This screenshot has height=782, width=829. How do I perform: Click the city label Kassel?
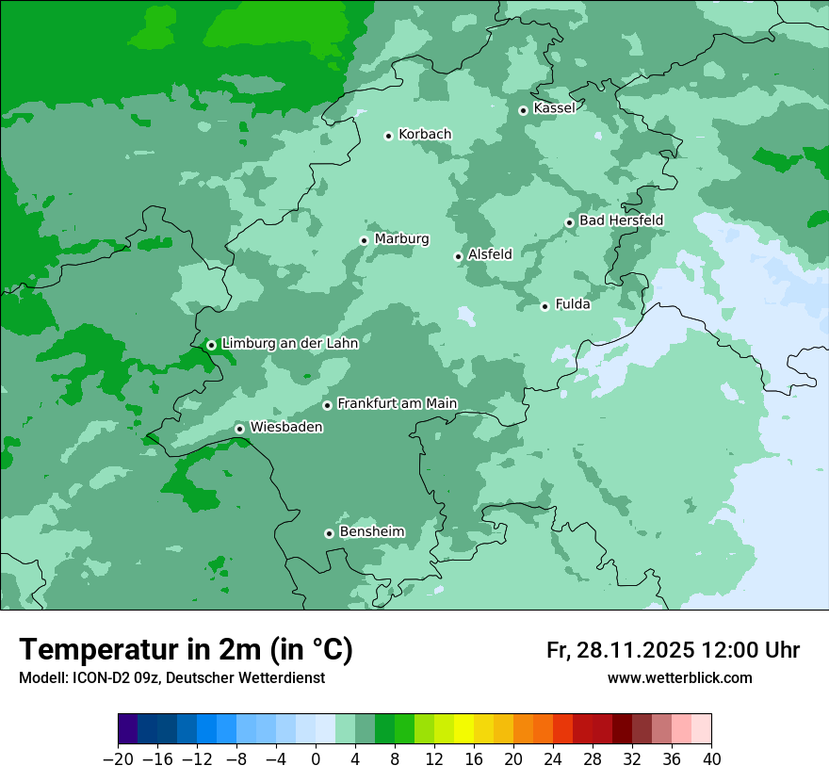point(554,108)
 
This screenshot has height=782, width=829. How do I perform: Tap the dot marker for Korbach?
point(388,136)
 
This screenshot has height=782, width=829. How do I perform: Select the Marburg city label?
point(401,239)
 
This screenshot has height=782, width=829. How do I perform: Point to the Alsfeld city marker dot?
point(458,256)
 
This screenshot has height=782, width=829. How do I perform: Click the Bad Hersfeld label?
point(621,220)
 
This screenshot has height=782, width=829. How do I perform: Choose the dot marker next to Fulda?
point(545,306)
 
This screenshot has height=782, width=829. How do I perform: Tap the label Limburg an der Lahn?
point(289,344)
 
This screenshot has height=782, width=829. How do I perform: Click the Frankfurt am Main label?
point(397,403)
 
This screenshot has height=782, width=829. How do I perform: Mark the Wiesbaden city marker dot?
point(240,429)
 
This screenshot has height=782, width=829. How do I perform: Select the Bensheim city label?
point(371,532)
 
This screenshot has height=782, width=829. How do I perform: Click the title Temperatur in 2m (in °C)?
point(186,649)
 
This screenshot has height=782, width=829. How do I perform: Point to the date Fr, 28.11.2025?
point(620,650)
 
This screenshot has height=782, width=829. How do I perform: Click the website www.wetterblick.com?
point(679,678)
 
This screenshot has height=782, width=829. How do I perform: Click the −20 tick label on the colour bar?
point(118,759)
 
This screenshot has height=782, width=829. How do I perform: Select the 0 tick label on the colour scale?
point(316,759)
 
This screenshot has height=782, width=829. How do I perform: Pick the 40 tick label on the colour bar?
point(711,759)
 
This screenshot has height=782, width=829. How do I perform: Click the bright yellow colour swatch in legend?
point(463,729)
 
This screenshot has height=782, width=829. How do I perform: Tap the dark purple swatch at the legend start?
point(128,729)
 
